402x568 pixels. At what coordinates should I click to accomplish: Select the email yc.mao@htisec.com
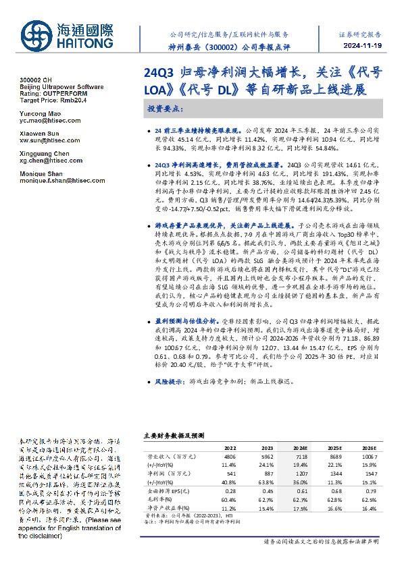point(42,122)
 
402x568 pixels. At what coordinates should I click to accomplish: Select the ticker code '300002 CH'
point(33,80)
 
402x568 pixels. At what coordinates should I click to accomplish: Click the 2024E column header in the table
point(299,447)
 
